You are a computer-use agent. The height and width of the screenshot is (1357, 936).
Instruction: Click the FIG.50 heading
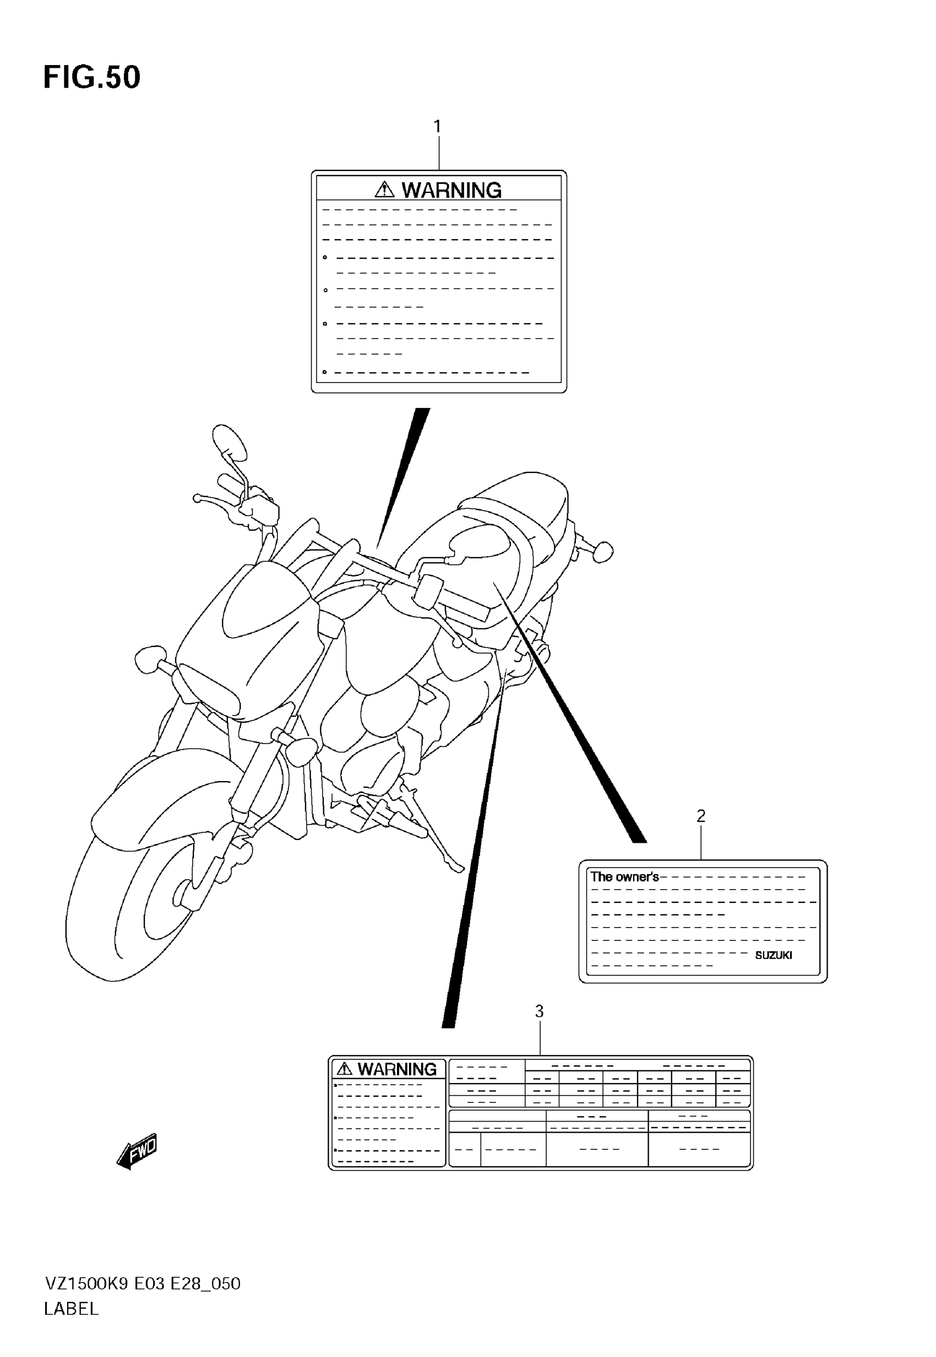coord(92,78)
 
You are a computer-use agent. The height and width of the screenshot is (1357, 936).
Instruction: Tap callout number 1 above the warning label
coord(437,126)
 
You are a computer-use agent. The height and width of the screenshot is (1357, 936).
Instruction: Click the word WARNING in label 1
coord(451,190)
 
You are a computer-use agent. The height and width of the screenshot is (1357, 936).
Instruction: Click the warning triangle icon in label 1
coord(384,190)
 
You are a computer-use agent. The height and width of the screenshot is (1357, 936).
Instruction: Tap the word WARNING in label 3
coord(397,1069)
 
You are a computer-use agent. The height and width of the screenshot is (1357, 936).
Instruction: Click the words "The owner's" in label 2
coord(624,877)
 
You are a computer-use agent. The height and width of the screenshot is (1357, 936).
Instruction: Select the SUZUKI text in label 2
coord(773,955)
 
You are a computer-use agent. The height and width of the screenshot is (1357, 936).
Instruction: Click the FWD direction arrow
coord(137,1151)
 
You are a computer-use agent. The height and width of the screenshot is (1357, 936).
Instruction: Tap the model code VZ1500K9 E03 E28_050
coord(143,1284)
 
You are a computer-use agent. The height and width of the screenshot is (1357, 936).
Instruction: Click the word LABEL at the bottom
coord(71,1308)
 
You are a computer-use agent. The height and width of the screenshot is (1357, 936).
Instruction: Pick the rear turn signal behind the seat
coord(601,551)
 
